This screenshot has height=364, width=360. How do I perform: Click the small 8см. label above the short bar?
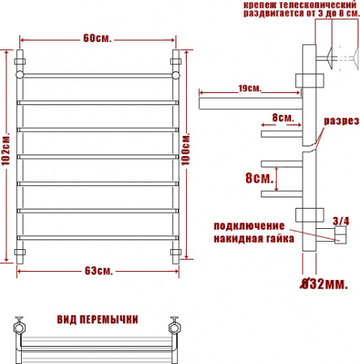283,117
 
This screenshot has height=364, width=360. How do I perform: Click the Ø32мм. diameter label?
324,284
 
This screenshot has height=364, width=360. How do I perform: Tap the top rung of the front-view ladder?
96,74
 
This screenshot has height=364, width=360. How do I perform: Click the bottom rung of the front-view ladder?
96,237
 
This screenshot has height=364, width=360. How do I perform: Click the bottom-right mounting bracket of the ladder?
175,254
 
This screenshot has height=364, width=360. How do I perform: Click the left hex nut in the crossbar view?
18,328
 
